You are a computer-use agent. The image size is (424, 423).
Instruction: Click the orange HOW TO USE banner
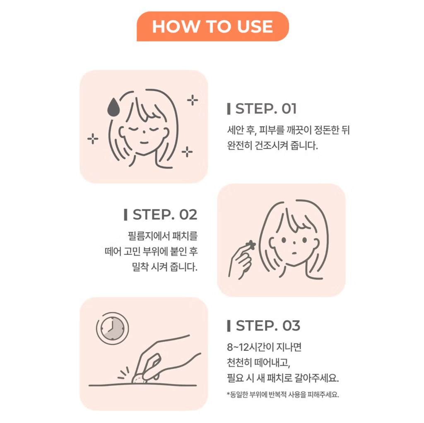[212, 26]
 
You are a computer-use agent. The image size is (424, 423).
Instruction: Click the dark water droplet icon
[113, 107]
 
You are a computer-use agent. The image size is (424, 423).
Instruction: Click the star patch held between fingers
[251, 245]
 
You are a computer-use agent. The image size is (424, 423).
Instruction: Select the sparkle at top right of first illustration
[193, 100]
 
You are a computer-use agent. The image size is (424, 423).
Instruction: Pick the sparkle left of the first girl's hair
[93, 139]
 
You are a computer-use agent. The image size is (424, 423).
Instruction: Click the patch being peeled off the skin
[139, 378]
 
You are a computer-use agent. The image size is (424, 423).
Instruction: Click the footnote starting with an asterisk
[282, 394]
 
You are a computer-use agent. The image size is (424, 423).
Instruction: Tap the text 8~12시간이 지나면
[264, 347]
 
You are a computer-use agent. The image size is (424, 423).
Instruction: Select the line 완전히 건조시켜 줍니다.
[272, 145]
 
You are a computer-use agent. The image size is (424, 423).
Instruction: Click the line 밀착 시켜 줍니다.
[165, 267]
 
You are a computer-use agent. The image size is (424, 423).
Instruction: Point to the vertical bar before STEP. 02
[125, 215]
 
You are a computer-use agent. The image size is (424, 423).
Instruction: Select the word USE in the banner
[255, 27]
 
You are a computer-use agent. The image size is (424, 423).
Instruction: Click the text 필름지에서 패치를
[162, 236]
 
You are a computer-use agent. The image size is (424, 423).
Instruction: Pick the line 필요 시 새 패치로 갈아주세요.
[283, 378]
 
